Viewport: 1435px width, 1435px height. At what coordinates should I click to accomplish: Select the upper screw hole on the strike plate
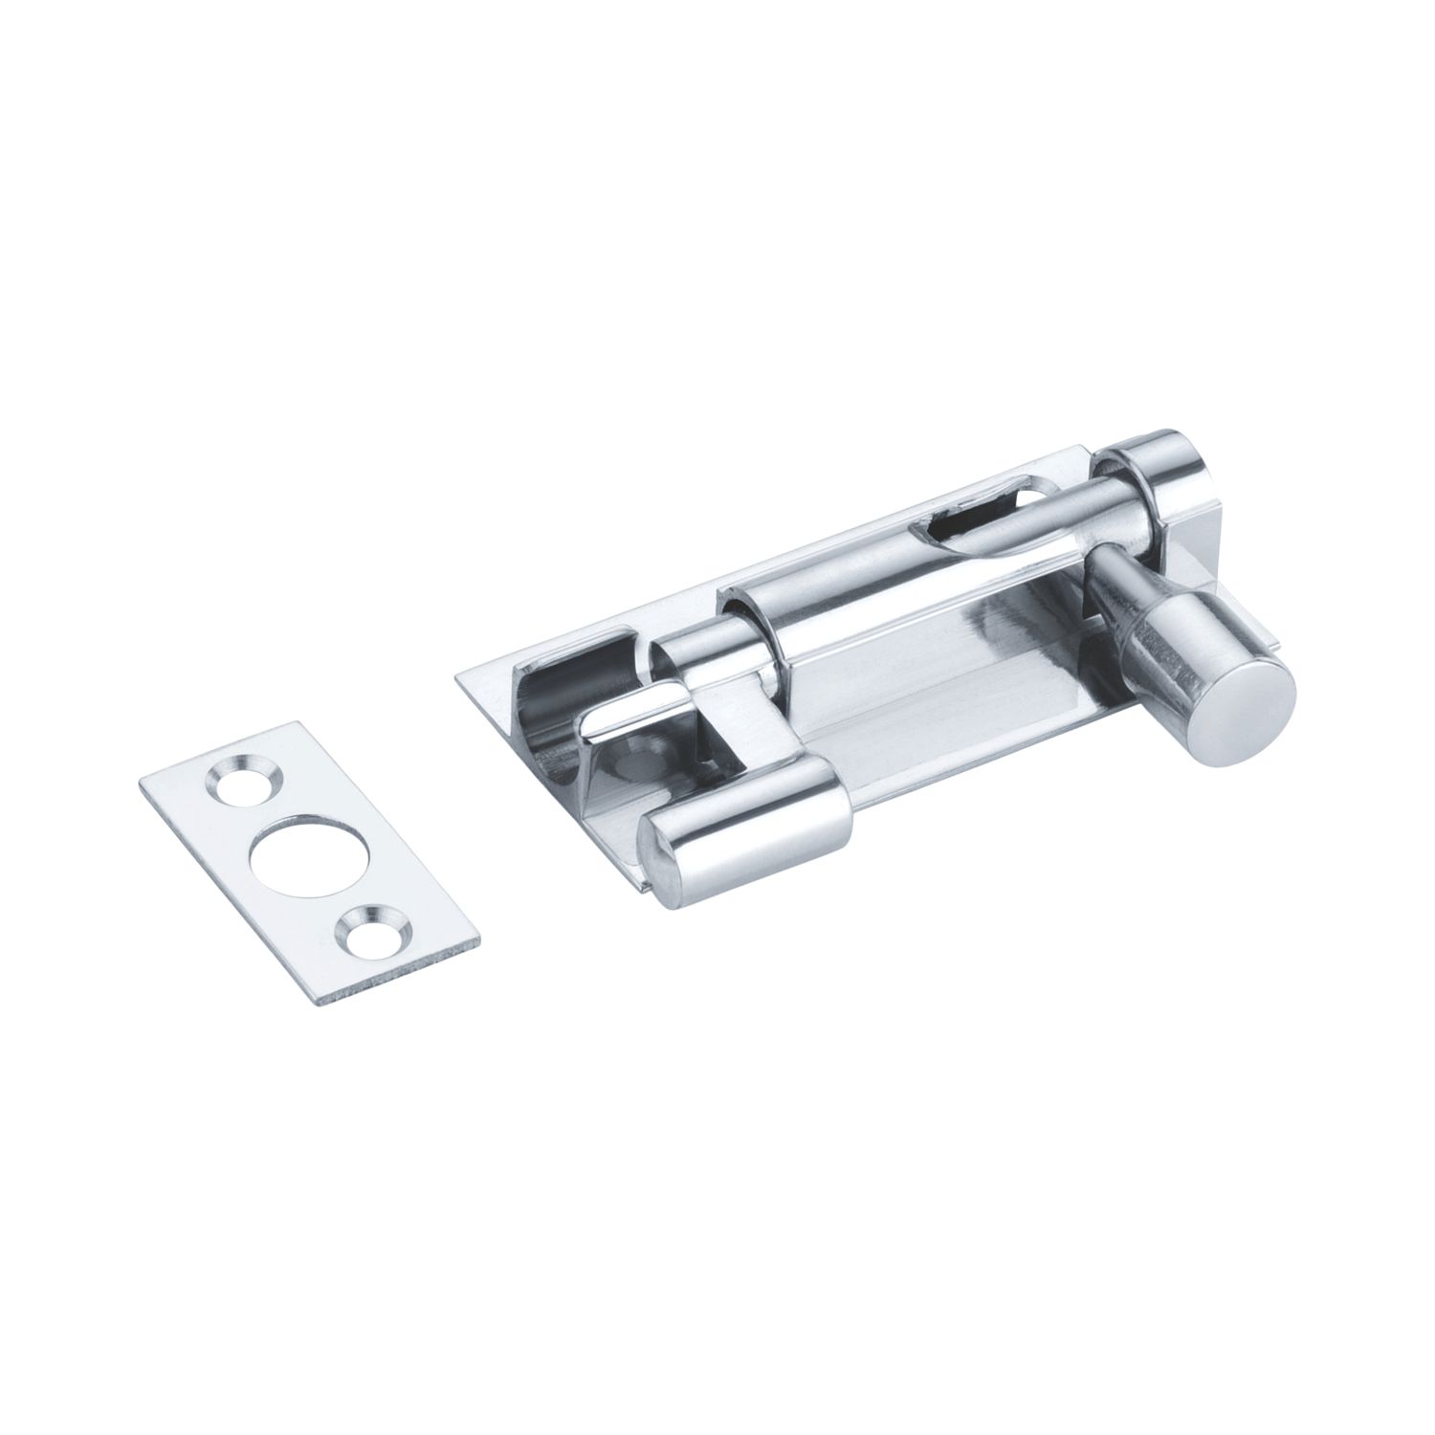(x=235, y=774)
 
